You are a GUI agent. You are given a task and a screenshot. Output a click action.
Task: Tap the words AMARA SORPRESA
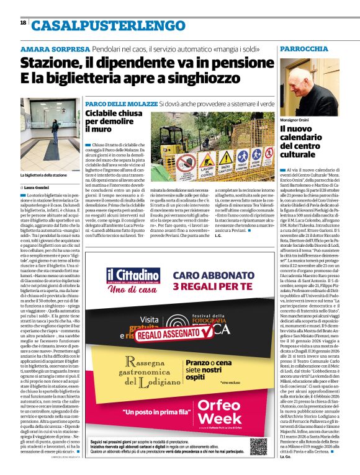click(x=55, y=49)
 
